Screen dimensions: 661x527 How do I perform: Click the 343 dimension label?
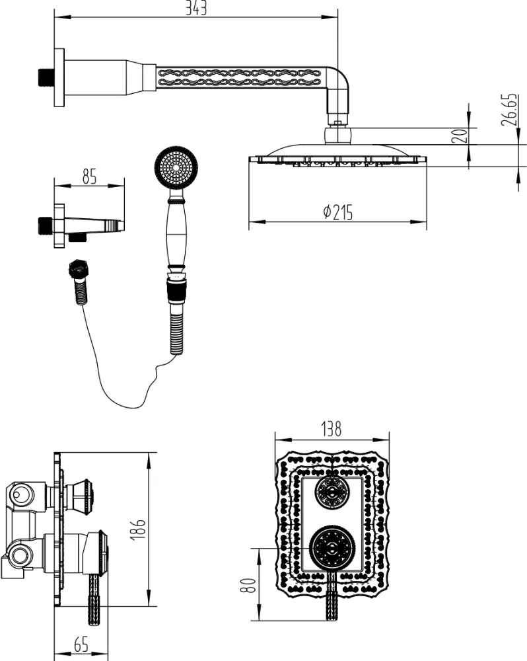tap(196, 9)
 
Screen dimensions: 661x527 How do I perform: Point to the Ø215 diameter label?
tap(337, 212)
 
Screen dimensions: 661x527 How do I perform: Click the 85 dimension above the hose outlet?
tap(89, 176)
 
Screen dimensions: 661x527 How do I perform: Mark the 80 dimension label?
tap(248, 584)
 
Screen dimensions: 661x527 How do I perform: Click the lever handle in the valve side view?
tap(92, 598)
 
